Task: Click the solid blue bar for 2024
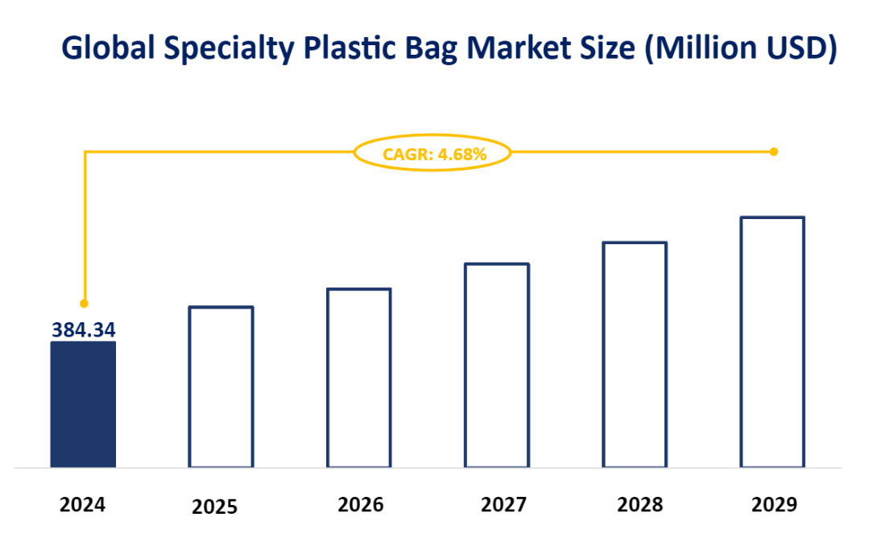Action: point(83,404)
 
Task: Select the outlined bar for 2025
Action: point(221,387)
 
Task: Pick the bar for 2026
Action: point(358,378)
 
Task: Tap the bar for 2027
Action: point(497,365)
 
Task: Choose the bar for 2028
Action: point(635,354)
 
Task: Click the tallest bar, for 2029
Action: point(772,341)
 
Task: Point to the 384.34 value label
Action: point(84,329)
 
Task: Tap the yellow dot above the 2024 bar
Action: point(84,304)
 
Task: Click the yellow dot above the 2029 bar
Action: point(773,151)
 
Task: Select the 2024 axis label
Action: point(83,505)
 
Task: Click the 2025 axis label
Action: point(215,507)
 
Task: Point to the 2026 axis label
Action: point(360,505)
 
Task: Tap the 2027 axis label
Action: point(503,505)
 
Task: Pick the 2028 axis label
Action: point(640,505)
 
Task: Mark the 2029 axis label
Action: point(774,505)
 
